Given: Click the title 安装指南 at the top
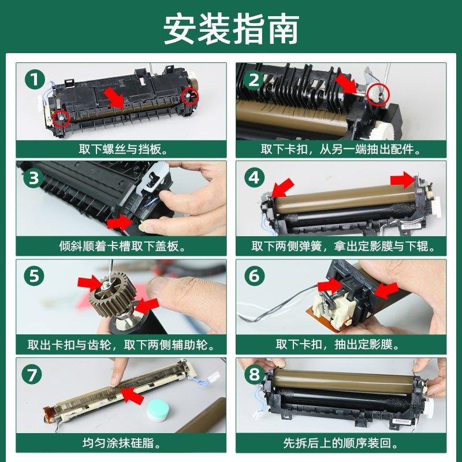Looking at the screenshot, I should click(231, 29).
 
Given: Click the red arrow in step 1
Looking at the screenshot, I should click(116, 98).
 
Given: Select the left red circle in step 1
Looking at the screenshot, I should click(61, 117).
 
